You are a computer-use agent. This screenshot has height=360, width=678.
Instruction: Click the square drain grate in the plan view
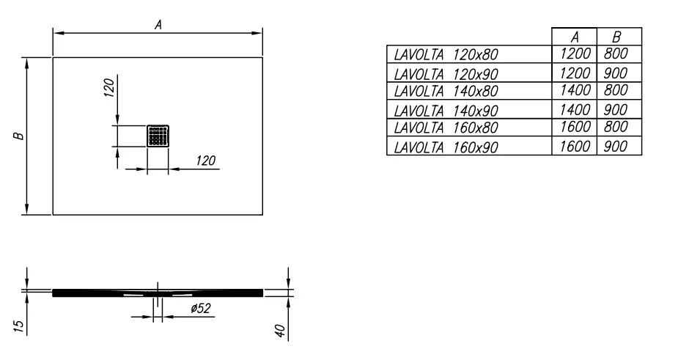tap(158, 136)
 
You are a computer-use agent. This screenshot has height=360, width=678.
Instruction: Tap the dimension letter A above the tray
tap(158, 25)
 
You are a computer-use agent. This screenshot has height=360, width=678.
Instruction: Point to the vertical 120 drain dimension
tap(109, 87)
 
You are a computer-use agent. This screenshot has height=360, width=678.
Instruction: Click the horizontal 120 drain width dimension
tap(205, 161)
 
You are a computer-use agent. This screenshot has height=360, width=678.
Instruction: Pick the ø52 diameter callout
tap(201, 309)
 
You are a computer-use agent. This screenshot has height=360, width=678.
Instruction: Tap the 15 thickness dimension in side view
tap(18, 326)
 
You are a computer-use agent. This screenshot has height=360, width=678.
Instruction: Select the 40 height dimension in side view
tap(280, 331)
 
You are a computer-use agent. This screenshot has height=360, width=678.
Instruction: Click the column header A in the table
tap(574, 37)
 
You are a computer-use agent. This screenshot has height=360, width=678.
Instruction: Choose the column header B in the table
tap(617, 37)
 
